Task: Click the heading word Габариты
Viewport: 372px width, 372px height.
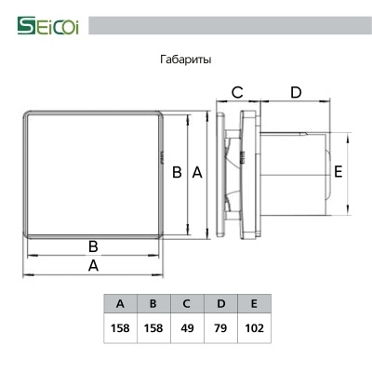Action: pos(186,60)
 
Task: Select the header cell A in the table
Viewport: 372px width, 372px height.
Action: pos(120,304)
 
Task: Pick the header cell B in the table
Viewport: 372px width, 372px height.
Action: pos(153,304)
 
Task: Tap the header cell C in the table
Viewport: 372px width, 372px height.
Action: pos(187,304)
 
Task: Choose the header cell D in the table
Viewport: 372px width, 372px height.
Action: pos(220,304)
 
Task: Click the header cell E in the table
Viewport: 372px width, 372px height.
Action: pos(255,304)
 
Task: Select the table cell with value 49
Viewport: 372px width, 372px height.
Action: pos(187,328)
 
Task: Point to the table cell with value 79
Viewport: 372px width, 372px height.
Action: pos(220,328)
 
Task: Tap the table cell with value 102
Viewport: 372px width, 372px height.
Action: pos(255,328)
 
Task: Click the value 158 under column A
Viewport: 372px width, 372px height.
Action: pos(120,328)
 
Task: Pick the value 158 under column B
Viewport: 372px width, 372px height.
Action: pos(153,328)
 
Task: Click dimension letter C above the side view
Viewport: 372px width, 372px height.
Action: pos(237,92)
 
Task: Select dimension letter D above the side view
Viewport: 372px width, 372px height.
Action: pos(296,92)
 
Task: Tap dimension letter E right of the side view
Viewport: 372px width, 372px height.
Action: pos(339,171)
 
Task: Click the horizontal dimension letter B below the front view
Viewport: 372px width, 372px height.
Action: pos(93,246)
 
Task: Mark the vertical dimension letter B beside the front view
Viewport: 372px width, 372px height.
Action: pos(177,172)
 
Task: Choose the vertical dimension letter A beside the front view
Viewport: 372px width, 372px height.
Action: pos(196,172)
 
